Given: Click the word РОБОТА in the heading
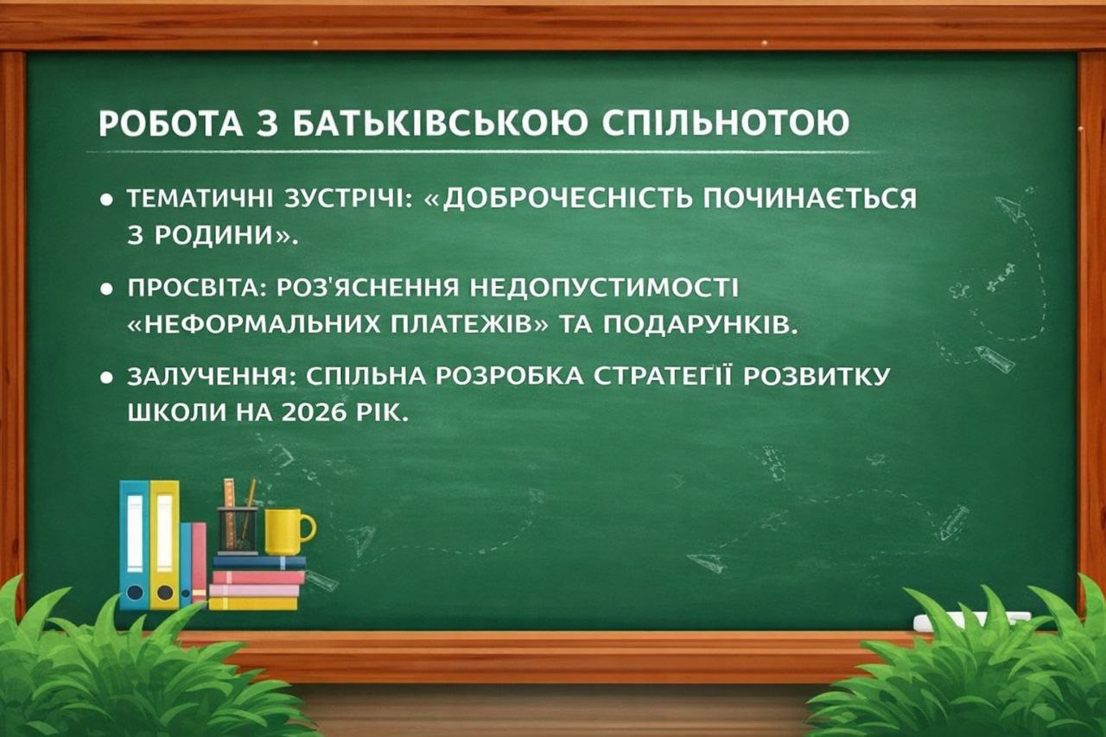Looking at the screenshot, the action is [171, 123].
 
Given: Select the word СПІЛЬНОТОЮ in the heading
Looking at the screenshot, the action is [725, 123].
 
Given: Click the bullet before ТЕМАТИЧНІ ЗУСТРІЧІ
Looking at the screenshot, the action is [106, 200].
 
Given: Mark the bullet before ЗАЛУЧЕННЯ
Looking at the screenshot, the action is [106, 378].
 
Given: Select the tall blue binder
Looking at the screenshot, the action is [134, 545].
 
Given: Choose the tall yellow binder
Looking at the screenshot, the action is [164, 545].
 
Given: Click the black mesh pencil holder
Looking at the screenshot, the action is [238, 531].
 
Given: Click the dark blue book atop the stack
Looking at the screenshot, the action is [259, 562].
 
